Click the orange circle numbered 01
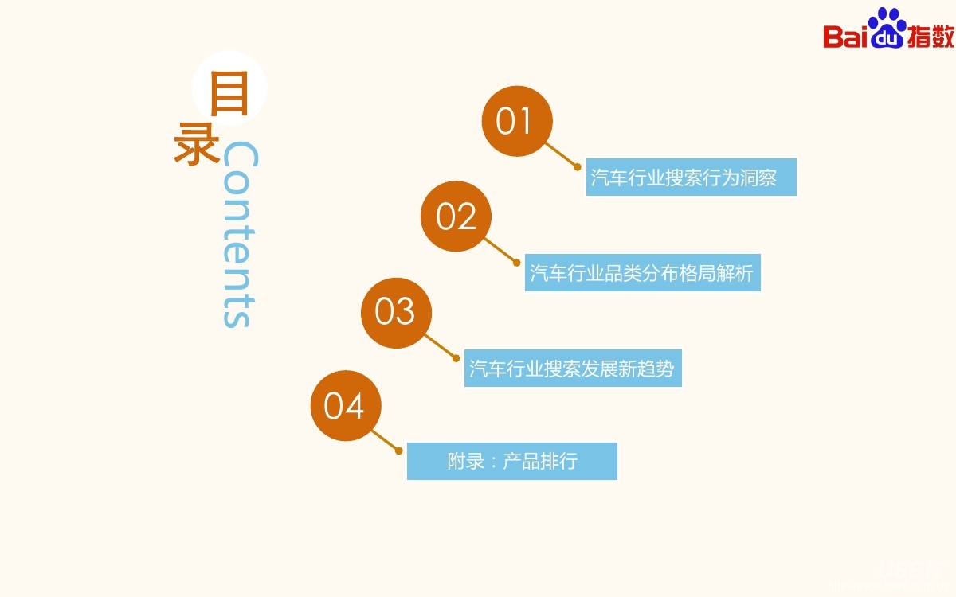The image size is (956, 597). pos(517,121)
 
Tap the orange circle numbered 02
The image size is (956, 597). pos(456,217)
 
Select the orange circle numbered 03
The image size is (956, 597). pos(396,312)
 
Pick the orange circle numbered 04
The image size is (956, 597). pos(345,406)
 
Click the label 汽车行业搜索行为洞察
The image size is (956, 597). pos(691,177)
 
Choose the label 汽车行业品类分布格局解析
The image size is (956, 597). pos(642,272)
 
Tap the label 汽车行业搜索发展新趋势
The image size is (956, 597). pos(573,369)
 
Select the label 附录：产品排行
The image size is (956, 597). pos(512,461)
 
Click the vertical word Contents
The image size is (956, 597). pos(238,235)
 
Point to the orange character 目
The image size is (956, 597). pos(229,94)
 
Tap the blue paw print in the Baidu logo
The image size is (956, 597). pos(887,28)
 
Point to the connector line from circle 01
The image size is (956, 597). pos(561,154)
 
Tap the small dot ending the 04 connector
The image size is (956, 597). pos(399,451)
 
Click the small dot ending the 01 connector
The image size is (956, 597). pos(578,166)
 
